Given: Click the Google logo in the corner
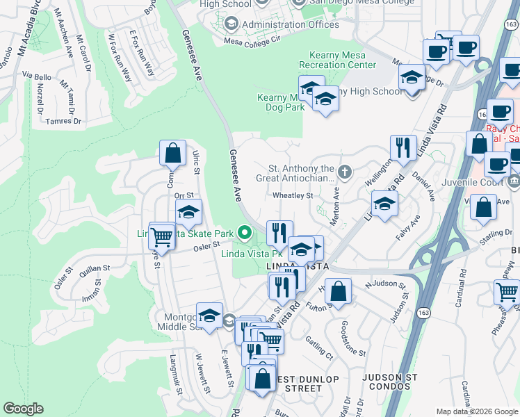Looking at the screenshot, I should pos(23,409).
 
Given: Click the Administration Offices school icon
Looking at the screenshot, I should pos(231,25).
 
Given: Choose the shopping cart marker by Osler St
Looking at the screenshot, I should pos(162,236).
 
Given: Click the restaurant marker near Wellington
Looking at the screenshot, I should pos(403,147).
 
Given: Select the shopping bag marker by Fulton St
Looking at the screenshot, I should pos(338,291).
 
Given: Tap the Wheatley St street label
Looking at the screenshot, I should pos(293,196).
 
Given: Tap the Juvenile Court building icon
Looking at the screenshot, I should pos(514,182).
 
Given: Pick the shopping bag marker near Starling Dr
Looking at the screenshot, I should pos(483,208).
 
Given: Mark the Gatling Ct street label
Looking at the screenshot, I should pos(319,348).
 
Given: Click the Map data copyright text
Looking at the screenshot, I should pos(477,411).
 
